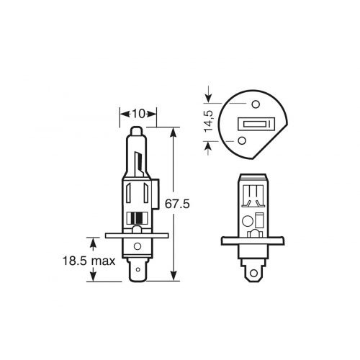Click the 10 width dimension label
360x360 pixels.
(138, 113)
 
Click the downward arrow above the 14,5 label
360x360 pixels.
(210, 95)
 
